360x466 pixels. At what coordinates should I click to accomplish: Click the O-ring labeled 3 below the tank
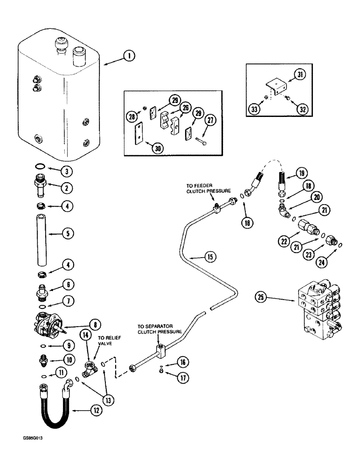pos(40,168)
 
